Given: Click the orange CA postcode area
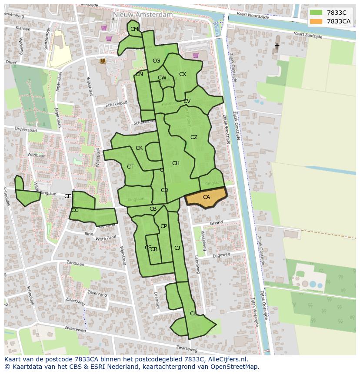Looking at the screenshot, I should click(206, 198).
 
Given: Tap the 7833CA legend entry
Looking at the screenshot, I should click(338, 21).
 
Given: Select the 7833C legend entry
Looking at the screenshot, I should click(337, 13).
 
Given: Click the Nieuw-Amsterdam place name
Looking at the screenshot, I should click(142, 14).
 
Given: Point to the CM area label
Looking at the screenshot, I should click(134, 29).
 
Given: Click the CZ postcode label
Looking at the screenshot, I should click(194, 137).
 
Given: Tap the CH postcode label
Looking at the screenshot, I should click(176, 163).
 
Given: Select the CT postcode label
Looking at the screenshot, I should click(130, 167).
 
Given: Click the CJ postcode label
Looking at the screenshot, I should click(177, 248).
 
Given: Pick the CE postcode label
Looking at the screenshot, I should click(67, 196).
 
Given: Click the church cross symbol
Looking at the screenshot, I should click(277, 45).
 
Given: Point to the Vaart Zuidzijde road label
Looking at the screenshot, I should click(308, 35).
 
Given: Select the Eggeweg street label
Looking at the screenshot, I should click(221, 257).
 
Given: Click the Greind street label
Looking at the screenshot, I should click(216, 223).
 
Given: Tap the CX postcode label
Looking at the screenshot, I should click(183, 74).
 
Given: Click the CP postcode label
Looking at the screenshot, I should click(163, 226).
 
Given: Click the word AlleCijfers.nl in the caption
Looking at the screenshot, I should click(226, 359).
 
